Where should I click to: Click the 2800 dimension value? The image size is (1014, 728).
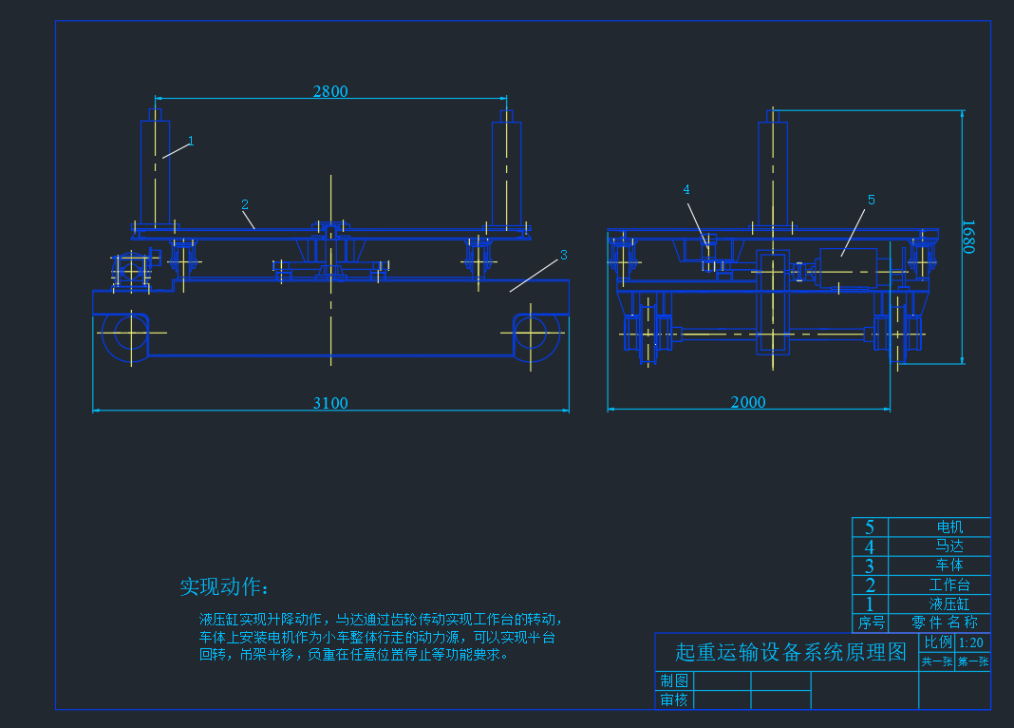[330, 91]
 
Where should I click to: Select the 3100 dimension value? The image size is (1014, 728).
[330, 403]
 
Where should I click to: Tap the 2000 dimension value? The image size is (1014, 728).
[748, 403]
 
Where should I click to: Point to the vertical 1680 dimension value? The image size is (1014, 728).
[968, 237]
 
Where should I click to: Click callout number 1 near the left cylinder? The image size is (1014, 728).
[191, 141]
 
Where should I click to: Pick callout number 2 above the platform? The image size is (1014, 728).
[245, 204]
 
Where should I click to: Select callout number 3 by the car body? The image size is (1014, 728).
[563, 255]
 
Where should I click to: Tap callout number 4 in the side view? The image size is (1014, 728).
[686, 190]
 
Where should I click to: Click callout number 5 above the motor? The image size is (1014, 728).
[871, 200]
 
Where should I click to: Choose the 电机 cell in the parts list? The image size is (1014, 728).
[949, 527]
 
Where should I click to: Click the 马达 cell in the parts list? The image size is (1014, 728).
[949, 546]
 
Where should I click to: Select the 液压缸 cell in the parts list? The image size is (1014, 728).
[949, 603]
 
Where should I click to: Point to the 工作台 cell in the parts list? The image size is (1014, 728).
[949, 584]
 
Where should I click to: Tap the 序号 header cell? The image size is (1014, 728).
[871, 623]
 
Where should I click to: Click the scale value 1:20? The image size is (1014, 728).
[971, 642]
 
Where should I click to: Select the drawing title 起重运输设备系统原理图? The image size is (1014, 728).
[791, 652]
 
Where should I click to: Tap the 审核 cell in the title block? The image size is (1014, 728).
[674, 700]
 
